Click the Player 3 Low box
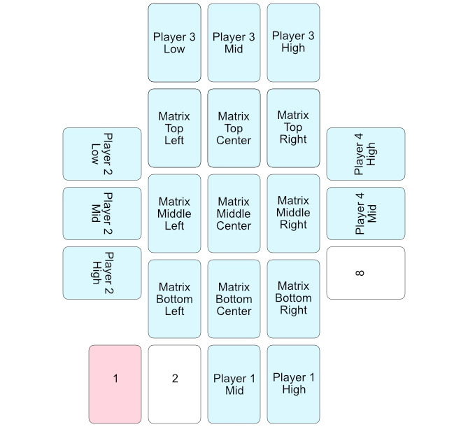tap(174, 43)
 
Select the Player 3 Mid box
tap(234, 43)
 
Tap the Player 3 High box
tap(293, 43)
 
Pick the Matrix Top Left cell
tap(174, 128)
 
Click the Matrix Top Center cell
tap(234, 128)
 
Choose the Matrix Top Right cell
tap(293, 128)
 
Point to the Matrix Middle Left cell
tap(174, 213)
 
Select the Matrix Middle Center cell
tap(234, 213)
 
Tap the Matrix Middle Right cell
tap(293, 213)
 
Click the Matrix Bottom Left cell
tap(174, 299)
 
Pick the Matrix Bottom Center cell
tap(234, 299)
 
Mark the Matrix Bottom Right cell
tap(293, 299)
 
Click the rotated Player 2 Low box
tap(102, 154)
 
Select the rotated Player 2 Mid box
tap(102, 213)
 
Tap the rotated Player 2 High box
tap(102, 273)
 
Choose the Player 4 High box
tap(365, 154)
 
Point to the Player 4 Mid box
tap(365, 213)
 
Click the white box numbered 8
tap(365, 273)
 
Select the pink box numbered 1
tap(115, 384)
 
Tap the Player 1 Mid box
tap(234, 384)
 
